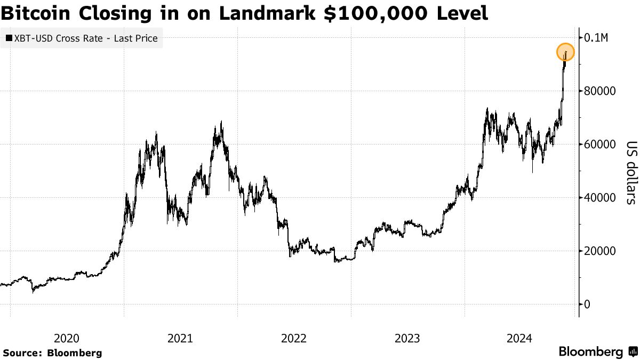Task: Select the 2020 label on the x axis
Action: [67, 338]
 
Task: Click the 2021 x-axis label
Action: [180, 338]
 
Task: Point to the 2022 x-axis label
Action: [293, 338]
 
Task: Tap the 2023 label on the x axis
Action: [407, 338]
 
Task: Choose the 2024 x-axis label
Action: [520, 338]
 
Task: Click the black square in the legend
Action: [9, 38]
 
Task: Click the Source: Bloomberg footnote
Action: [52, 353]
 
